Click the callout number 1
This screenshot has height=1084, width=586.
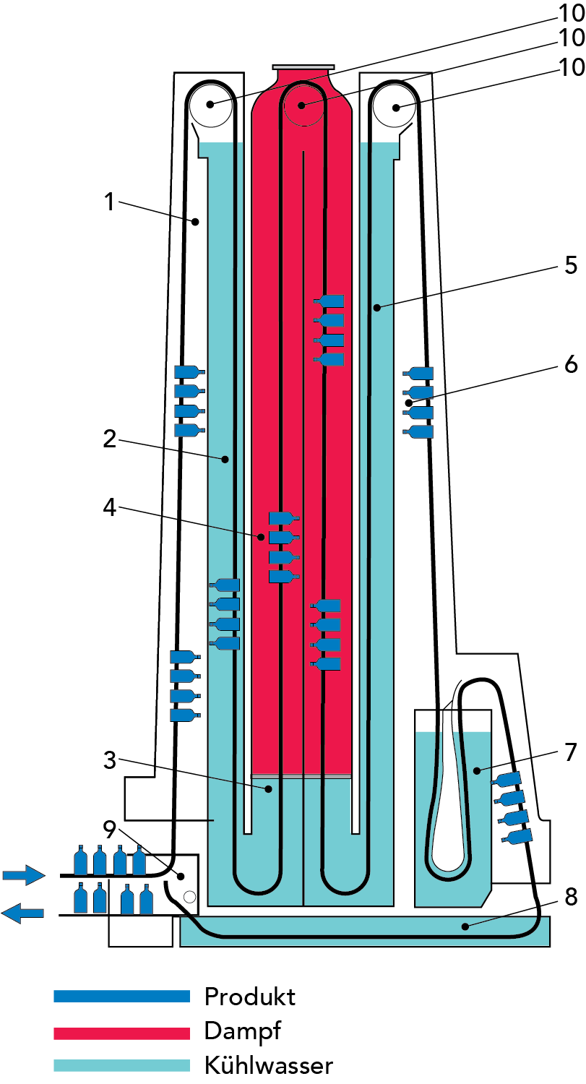coord(110,202)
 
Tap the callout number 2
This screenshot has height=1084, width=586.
coord(110,439)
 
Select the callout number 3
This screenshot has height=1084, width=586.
coord(110,760)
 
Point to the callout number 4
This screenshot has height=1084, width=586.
coord(110,507)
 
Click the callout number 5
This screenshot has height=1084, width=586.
coord(571,265)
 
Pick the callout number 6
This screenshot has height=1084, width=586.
coord(571,364)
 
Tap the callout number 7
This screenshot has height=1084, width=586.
coord(571,752)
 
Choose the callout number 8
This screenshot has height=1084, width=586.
coord(571,897)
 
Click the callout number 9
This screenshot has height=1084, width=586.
coord(110,830)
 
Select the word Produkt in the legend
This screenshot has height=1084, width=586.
coord(250,997)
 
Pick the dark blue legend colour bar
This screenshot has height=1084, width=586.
coord(122,996)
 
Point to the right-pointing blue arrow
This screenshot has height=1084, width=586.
coord(24,875)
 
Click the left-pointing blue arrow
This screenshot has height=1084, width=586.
coord(22,913)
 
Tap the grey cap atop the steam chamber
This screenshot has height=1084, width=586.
coord(303,67)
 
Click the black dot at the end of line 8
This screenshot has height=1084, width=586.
coord(465,926)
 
